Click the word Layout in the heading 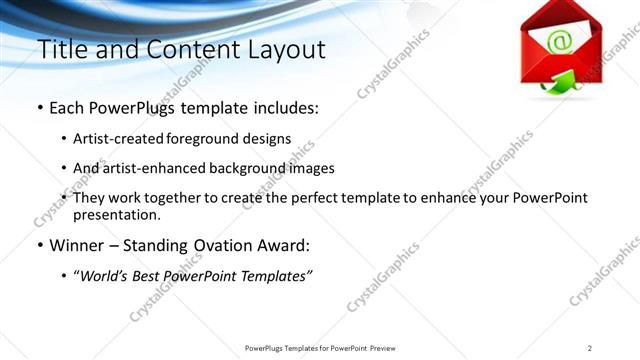[x=284, y=49]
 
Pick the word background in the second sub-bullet [x=255, y=169]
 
